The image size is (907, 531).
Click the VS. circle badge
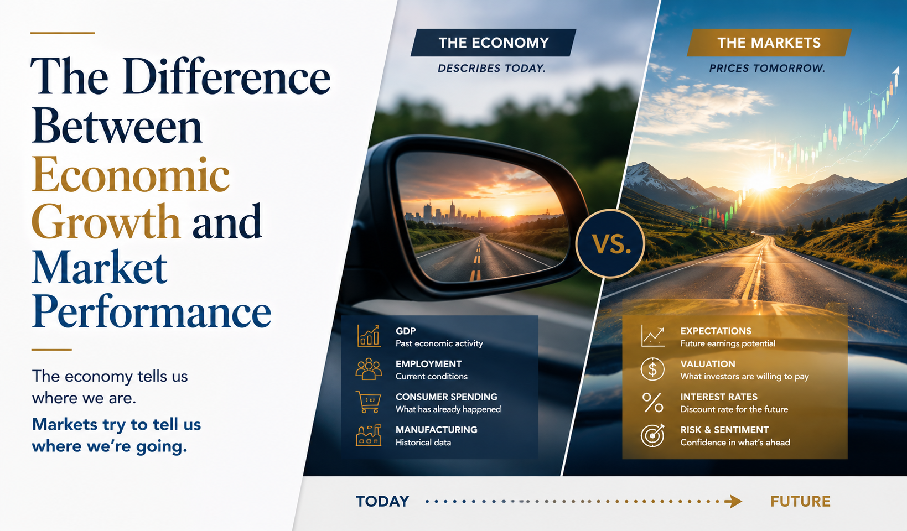pyautogui.click(x=610, y=243)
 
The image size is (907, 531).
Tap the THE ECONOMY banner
pyautogui.click(x=493, y=43)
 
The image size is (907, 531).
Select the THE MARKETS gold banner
pyautogui.click(x=769, y=43)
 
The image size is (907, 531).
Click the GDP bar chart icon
pyautogui.click(x=369, y=336)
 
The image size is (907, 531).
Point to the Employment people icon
pyautogui.click(x=369, y=369)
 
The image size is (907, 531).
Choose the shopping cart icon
pyautogui.click(x=369, y=402)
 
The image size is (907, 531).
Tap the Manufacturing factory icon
pyautogui.click(x=369, y=435)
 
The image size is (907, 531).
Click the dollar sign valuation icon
pyautogui.click(x=652, y=369)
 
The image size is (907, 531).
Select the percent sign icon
pyautogui.click(x=652, y=402)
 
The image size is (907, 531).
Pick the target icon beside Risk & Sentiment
pyautogui.click(x=652, y=435)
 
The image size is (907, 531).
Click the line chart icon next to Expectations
pyautogui.click(x=652, y=336)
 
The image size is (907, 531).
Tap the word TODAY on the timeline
pyautogui.click(x=382, y=502)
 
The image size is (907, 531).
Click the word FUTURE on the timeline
pyautogui.click(x=800, y=502)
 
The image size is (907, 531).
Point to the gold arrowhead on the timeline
pyautogui.click(x=733, y=502)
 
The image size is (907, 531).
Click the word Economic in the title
pyautogui.click(x=131, y=175)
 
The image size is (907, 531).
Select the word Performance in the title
pyautogui.click(x=152, y=311)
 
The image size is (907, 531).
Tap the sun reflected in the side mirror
pyautogui.click(x=508, y=211)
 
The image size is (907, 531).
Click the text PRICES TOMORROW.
pyautogui.click(x=767, y=68)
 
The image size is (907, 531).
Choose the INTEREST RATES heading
pyautogui.click(x=719, y=397)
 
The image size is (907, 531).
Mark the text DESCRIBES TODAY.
pyautogui.click(x=491, y=68)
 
